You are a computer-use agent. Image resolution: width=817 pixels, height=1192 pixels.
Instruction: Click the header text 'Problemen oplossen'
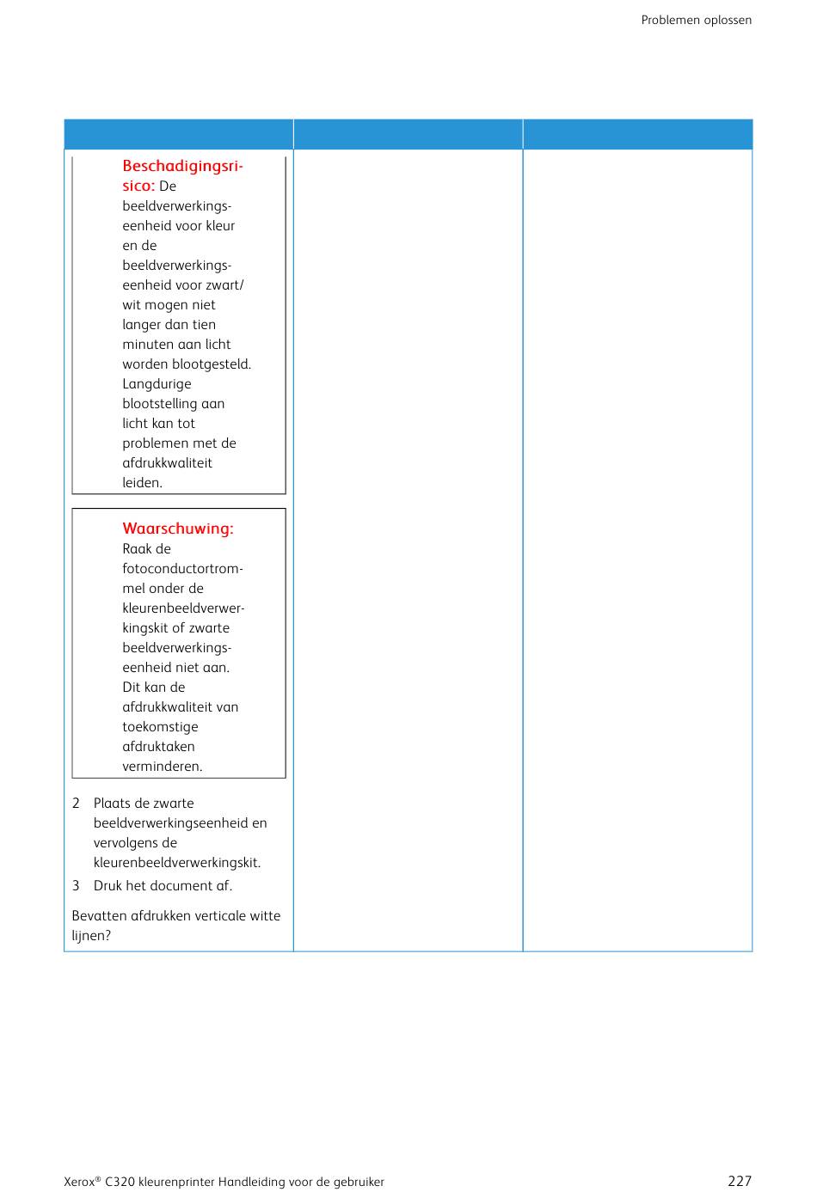[696, 20]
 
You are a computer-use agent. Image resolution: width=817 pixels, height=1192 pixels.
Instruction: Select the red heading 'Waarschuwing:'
[177, 529]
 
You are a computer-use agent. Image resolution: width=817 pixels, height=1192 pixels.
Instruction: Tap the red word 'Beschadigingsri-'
[182, 166]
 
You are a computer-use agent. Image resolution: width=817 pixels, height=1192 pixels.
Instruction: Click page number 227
[739, 1181]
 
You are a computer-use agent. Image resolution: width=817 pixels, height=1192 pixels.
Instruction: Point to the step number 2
[76, 803]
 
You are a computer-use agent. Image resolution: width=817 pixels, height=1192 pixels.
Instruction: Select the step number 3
[76, 885]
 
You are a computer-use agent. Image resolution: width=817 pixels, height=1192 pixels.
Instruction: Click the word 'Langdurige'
[157, 383]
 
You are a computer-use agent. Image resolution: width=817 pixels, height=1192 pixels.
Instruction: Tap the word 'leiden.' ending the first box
[142, 482]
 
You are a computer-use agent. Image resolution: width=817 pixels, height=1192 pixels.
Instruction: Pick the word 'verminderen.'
[162, 766]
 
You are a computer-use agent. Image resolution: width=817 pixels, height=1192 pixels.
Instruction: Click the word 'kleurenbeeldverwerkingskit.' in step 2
[176, 862]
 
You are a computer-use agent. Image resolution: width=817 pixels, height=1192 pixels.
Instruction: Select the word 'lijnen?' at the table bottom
[91, 935]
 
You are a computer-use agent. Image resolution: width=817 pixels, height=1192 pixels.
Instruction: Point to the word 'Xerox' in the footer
[79, 1182]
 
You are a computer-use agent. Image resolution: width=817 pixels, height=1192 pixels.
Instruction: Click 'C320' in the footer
[120, 1182]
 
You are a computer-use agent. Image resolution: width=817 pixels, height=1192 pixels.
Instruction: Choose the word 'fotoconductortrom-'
[182, 568]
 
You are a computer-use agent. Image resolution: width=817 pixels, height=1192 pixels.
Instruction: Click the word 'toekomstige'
[160, 726]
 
